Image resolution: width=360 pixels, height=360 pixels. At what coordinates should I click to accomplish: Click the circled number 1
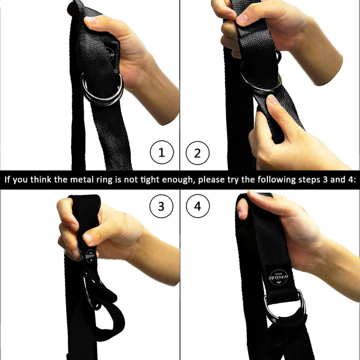pyautogui.click(x=161, y=153)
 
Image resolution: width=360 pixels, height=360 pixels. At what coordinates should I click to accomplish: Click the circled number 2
pyautogui.click(x=197, y=153)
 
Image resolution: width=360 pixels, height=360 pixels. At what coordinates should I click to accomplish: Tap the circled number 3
pyautogui.click(x=161, y=207)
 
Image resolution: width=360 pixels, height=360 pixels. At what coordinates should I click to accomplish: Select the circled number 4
pyautogui.click(x=197, y=207)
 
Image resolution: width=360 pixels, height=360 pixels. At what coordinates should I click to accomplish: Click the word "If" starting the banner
pyautogui.click(x=8, y=180)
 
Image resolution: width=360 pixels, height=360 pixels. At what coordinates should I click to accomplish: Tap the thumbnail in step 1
pyautogui.click(x=91, y=21)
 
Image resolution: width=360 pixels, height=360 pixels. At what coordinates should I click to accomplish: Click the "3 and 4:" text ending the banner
pyautogui.click(x=336, y=180)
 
